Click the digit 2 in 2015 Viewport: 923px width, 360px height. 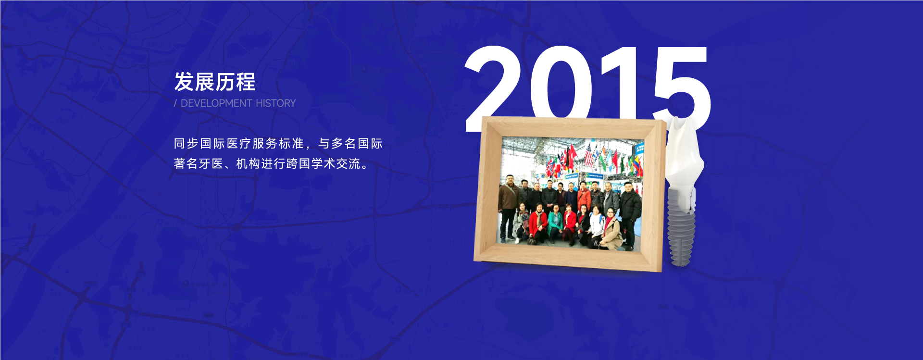point(493,87)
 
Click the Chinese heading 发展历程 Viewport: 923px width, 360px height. point(215,82)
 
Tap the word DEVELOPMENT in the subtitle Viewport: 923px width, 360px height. point(216,103)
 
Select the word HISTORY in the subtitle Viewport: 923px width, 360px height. point(276,103)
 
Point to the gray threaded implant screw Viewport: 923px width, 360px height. point(681,226)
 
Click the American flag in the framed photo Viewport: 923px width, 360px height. point(589,155)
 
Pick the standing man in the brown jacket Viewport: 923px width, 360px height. point(508,207)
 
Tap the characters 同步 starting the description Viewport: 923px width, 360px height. point(187,144)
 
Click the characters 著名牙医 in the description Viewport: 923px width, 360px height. point(199,164)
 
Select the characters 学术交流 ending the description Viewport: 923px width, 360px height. point(336,164)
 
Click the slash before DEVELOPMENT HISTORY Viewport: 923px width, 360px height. point(175,103)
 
